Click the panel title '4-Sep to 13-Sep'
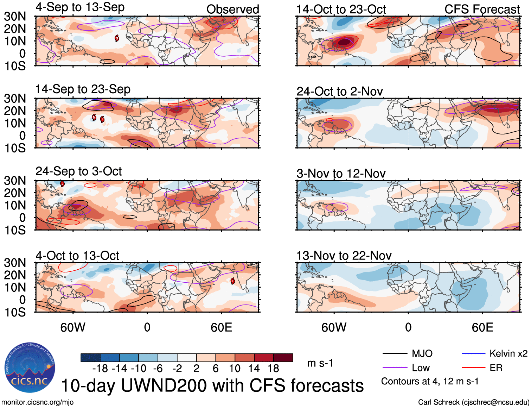pos(80,7)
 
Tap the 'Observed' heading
pos(232,10)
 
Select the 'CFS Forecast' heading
pos(482,10)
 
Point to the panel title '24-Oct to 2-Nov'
pos(339,92)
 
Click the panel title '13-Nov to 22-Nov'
pos(344,256)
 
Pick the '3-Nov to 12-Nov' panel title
pos(341,174)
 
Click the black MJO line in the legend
pos(395,353)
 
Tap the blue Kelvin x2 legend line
pos(473,353)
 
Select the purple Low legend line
pos(395,368)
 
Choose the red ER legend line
pos(473,368)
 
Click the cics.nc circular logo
pos(30,368)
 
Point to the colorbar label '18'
pos(273,369)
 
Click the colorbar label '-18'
pos(100,369)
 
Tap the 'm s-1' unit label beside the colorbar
pos(320,363)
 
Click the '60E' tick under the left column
pos(221,328)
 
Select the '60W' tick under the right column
pos(334,328)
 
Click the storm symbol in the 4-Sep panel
pos(117,38)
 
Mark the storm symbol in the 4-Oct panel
pos(233,281)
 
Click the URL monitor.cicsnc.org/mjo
pos(38,402)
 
